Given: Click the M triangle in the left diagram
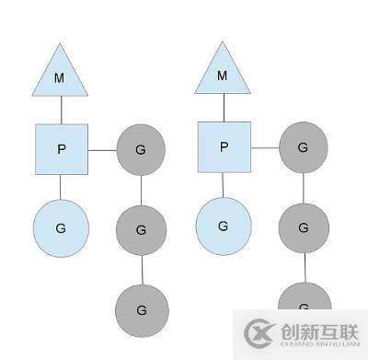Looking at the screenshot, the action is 60,75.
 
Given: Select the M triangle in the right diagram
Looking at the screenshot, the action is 222,73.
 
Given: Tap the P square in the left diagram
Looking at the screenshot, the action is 62,148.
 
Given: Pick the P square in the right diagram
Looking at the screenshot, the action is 224,146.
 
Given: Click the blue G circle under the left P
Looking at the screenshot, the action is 61,226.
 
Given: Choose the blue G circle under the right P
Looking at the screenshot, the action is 224,226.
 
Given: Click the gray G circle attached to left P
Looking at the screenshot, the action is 141,148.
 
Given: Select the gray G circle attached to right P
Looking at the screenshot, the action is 304,147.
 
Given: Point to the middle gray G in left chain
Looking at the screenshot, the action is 141,230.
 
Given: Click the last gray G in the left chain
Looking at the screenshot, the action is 142,310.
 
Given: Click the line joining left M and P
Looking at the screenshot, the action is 61,110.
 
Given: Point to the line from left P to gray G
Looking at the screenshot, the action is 102,148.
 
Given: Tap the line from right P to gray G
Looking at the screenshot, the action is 264,147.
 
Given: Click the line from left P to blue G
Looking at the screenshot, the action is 61,186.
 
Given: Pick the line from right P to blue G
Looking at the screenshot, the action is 224,185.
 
